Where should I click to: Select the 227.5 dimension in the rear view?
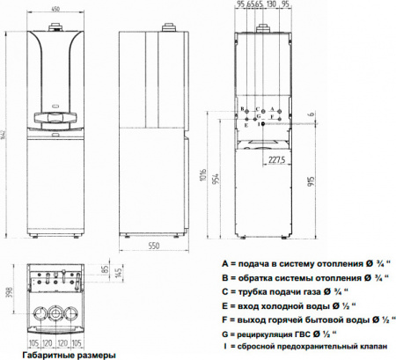tap(276, 160)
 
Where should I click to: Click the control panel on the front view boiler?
tap(58, 115)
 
